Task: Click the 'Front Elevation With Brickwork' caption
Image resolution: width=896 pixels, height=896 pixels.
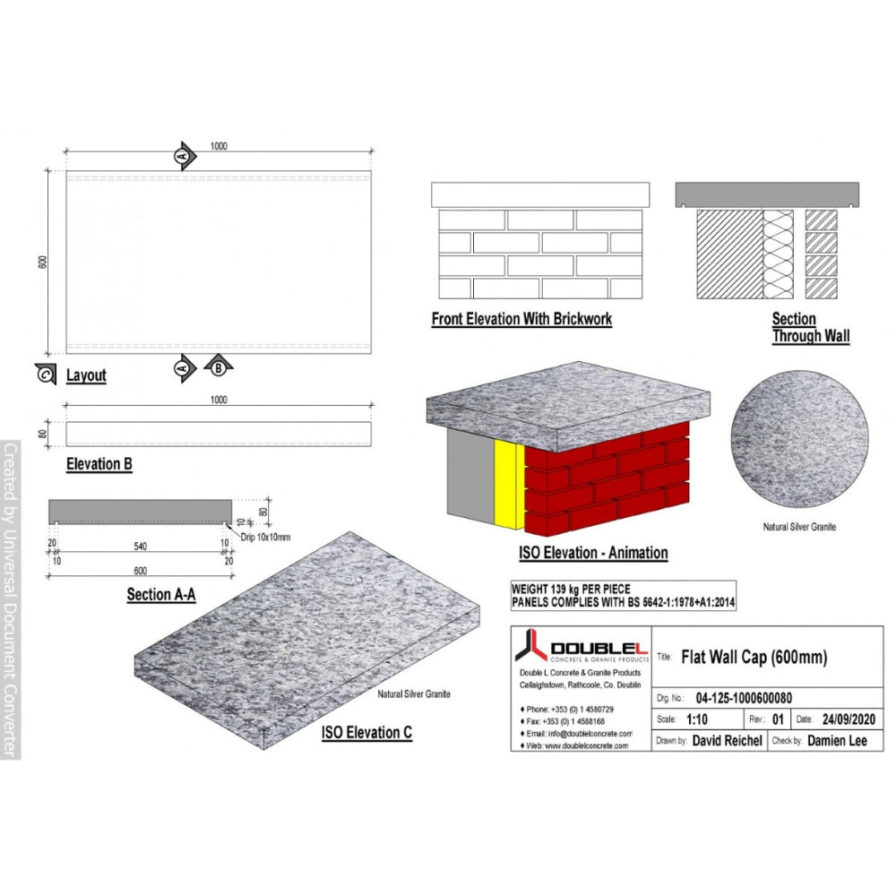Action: pyautogui.click(x=521, y=318)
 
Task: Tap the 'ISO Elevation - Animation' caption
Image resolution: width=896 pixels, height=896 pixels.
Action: pyautogui.click(x=593, y=552)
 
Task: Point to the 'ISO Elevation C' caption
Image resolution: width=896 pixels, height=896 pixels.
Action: pyautogui.click(x=366, y=732)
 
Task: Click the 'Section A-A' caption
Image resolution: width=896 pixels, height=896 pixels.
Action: pyautogui.click(x=161, y=593)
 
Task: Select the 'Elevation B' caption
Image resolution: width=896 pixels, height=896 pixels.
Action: pyautogui.click(x=99, y=464)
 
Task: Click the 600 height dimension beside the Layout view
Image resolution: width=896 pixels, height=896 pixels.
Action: pyautogui.click(x=42, y=261)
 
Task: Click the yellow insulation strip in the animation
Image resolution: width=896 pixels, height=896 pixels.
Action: pyautogui.click(x=506, y=484)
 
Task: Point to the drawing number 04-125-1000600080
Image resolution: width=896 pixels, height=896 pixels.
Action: pyautogui.click(x=743, y=698)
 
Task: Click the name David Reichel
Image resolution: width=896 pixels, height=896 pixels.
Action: pyautogui.click(x=727, y=741)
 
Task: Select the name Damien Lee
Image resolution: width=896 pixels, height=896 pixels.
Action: pyautogui.click(x=837, y=741)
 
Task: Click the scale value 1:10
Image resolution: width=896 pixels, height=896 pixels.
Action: pyautogui.click(x=699, y=719)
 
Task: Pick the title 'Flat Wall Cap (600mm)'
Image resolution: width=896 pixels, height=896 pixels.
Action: pyautogui.click(x=754, y=657)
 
